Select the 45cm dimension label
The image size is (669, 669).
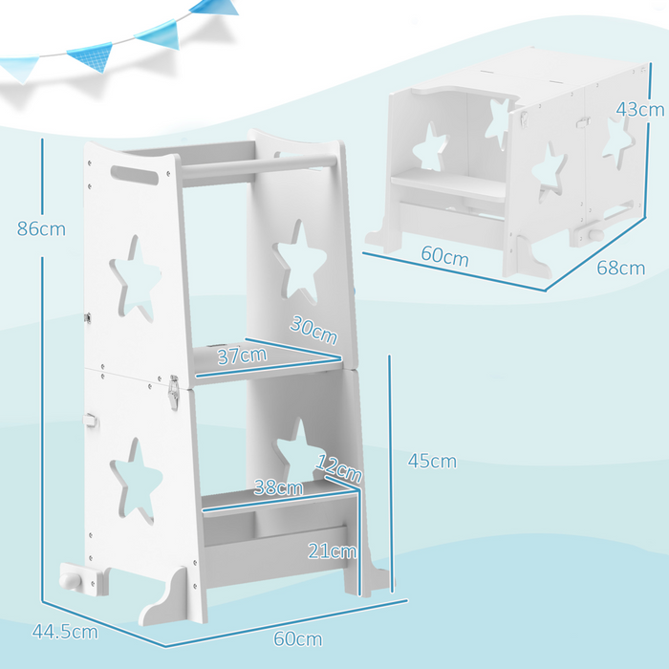[432, 462]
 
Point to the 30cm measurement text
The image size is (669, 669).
[314, 332]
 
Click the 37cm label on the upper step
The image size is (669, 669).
[240, 356]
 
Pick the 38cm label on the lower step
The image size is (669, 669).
[279, 487]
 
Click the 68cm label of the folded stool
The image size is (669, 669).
[621, 268]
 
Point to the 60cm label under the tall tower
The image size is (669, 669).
[298, 638]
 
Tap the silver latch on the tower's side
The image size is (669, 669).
[174, 392]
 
